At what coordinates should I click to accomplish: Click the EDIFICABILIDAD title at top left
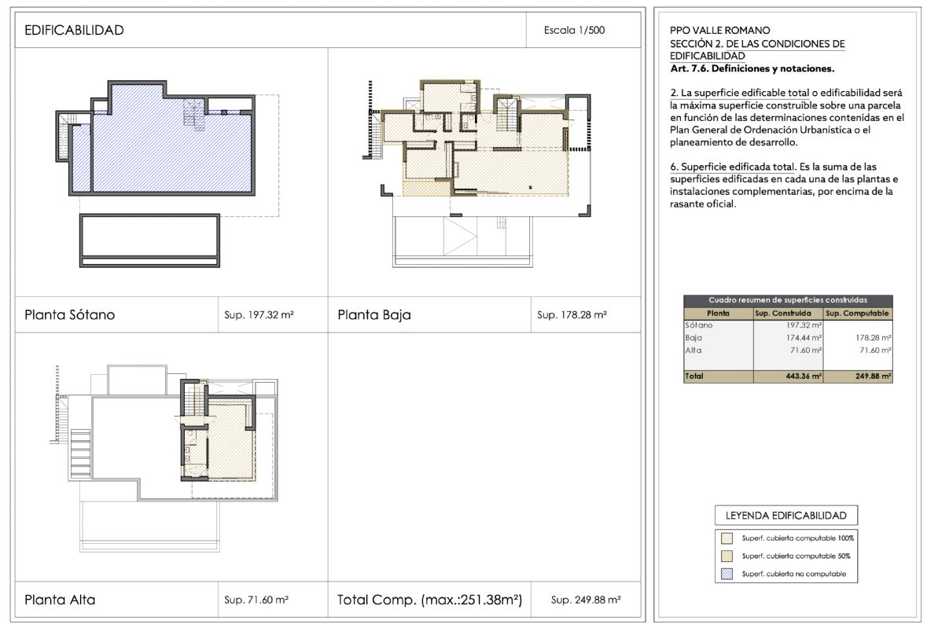click(74, 30)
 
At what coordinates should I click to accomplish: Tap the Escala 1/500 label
click(574, 30)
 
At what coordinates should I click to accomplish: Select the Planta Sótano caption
click(70, 315)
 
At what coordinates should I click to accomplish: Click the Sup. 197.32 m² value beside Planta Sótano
click(259, 315)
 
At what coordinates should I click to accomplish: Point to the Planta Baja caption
click(374, 315)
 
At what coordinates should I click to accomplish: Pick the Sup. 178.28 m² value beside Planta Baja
click(572, 315)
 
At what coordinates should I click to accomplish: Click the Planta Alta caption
click(60, 600)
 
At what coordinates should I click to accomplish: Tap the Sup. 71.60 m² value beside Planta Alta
click(256, 600)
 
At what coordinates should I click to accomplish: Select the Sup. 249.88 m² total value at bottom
click(585, 600)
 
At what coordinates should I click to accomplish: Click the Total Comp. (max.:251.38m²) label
click(430, 600)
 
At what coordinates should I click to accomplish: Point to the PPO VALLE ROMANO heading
click(720, 30)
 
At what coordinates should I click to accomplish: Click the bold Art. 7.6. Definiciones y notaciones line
click(752, 68)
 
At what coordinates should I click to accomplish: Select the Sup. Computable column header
click(857, 313)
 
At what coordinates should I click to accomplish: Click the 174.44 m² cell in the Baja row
click(804, 338)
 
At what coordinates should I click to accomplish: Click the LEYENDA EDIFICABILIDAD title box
click(785, 515)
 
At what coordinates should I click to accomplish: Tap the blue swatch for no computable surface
click(727, 573)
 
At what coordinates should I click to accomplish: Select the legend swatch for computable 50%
click(727, 556)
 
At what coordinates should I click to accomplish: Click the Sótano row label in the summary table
click(699, 325)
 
